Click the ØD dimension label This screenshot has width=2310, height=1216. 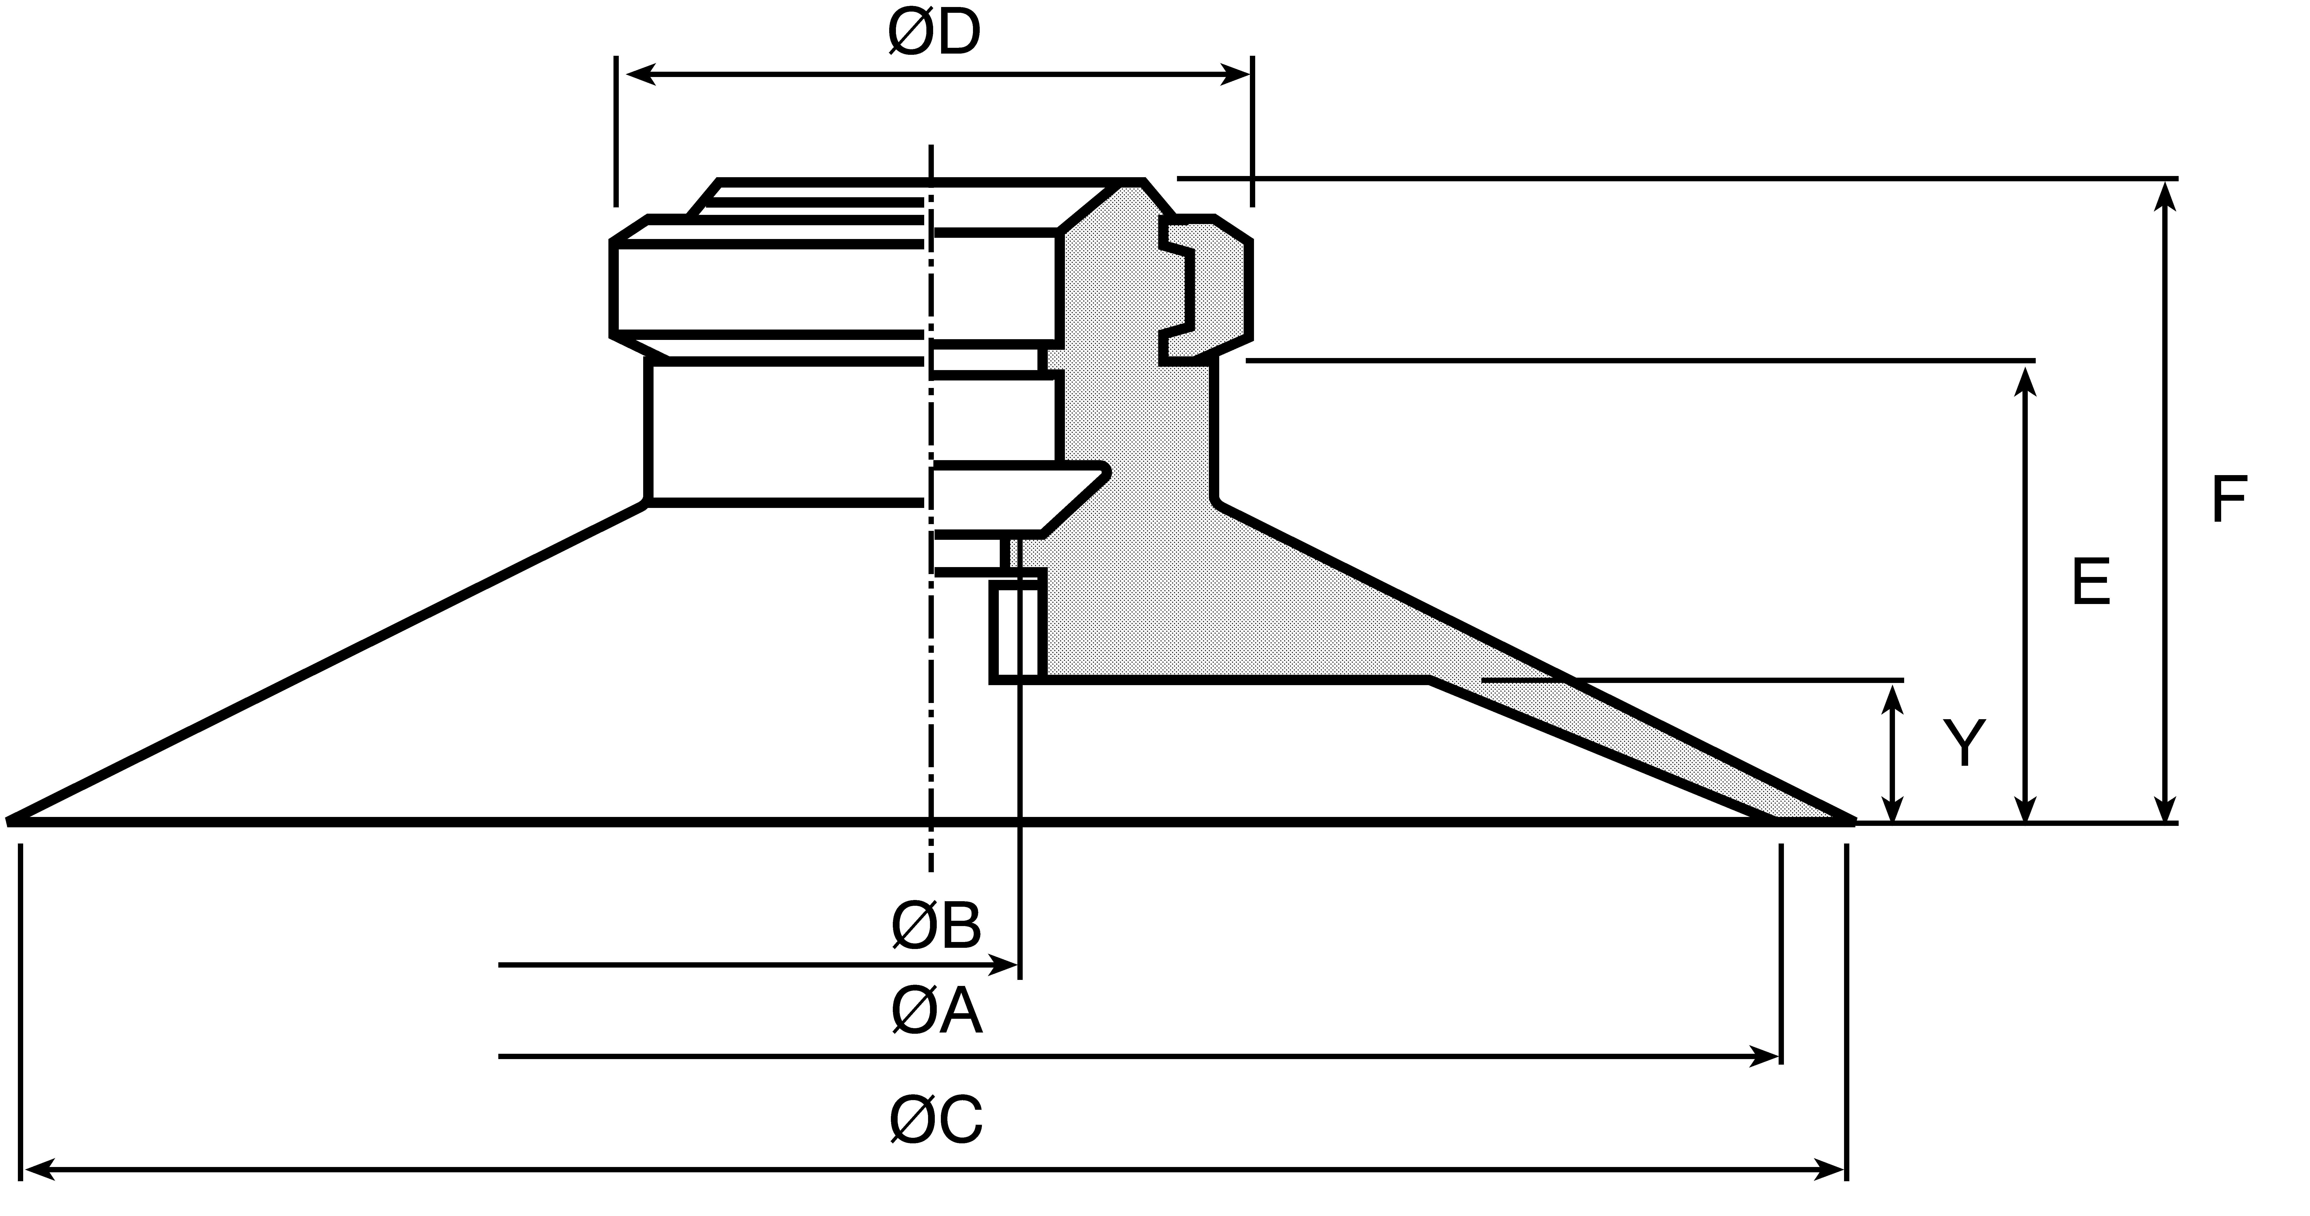[x=934, y=34]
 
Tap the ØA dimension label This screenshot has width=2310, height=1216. [x=936, y=1012]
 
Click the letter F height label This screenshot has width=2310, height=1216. [x=2228, y=499]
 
